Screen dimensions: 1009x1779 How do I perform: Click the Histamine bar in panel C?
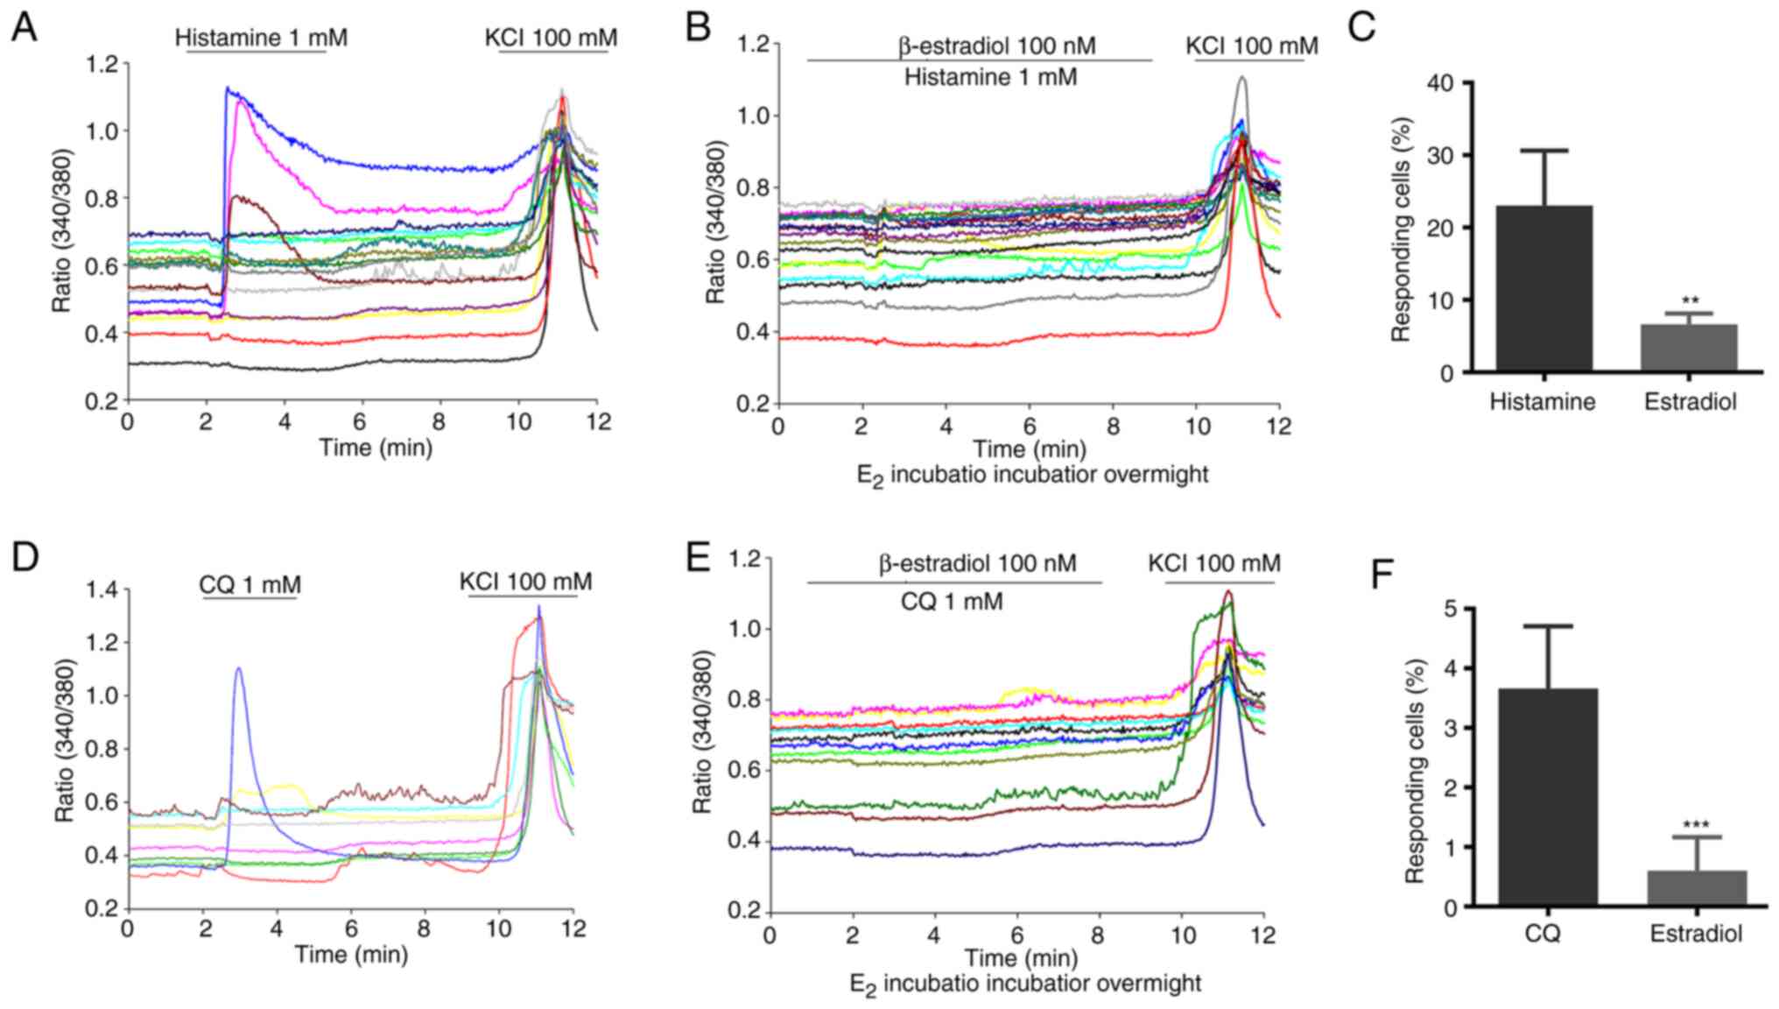click(x=1543, y=288)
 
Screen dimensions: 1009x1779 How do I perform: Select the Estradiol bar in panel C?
click(x=1689, y=348)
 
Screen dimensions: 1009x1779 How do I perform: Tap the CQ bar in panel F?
click(x=1548, y=797)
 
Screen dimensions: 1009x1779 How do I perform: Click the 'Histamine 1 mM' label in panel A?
click(x=261, y=39)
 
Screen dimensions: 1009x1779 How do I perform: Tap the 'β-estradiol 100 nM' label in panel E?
click(x=977, y=563)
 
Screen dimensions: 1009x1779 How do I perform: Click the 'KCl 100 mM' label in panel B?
click(x=1252, y=46)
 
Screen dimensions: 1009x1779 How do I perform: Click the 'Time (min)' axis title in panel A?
click(x=376, y=448)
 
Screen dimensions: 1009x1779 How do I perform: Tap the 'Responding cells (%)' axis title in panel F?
click(x=1416, y=759)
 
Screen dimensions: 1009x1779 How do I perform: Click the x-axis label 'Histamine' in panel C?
click(x=1543, y=402)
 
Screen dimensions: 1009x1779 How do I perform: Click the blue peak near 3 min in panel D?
click(x=238, y=670)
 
